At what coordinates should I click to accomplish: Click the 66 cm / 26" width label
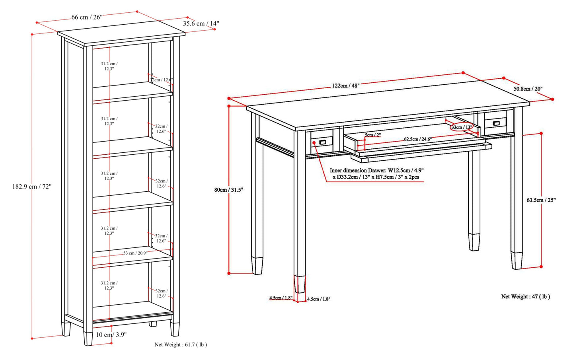(x=87, y=17)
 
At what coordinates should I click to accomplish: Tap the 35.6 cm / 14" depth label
(x=201, y=23)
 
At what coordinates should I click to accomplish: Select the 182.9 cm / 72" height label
(x=32, y=187)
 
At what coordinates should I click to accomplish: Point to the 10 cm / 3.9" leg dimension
(x=111, y=335)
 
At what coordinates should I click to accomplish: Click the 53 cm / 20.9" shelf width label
(x=135, y=253)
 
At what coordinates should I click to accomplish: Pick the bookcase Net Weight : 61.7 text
(x=180, y=344)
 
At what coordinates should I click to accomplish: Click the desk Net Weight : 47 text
(x=525, y=296)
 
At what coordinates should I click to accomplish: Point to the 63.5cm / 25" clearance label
(x=541, y=200)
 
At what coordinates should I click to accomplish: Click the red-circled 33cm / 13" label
(x=462, y=127)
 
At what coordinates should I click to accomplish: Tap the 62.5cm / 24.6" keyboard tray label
(x=417, y=139)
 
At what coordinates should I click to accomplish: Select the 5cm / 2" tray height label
(x=372, y=135)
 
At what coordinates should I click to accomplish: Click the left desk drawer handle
(x=322, y=142)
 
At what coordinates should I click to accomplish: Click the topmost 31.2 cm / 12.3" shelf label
(x=109, y=66)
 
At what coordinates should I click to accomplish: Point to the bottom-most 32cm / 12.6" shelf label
(x=161, y=294)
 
